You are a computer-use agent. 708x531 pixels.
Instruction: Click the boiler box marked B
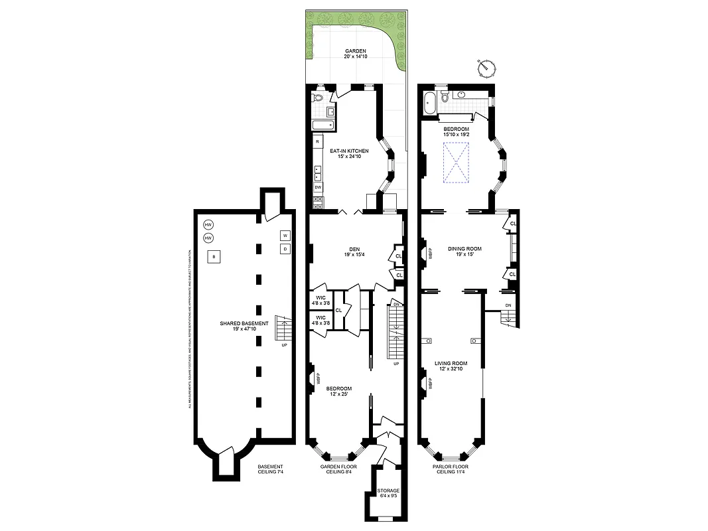[x=214, y=257]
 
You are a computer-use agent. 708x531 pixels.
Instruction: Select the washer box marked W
[x=285, y=236]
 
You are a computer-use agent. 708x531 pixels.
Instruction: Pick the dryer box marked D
[x=285, y=249]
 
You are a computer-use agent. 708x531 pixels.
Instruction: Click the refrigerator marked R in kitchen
[x=318, y=142]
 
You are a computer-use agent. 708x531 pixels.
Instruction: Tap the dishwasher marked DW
[x=318, y=187]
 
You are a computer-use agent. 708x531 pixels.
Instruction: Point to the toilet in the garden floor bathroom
[x=318, y=98]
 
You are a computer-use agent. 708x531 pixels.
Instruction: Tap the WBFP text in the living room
[x=430, y=384]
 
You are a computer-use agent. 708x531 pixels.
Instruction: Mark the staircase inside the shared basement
[x=284, y=328]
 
